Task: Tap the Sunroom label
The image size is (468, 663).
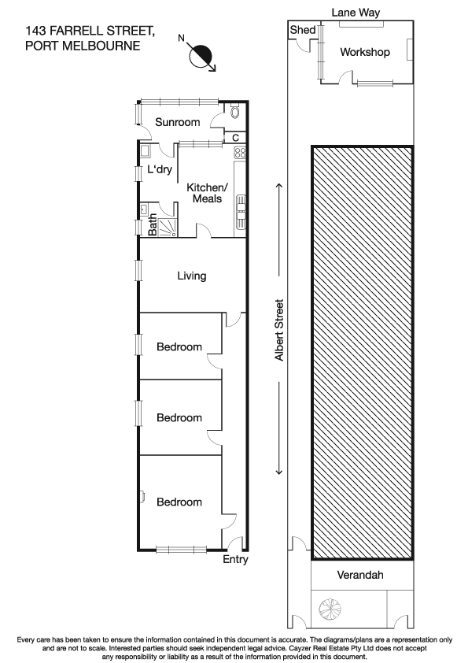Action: tap(177, 122)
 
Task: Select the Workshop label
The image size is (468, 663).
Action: tap(365, 53)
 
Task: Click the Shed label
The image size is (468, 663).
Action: tap(303, 31)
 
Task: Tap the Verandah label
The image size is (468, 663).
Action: tap(362, 576)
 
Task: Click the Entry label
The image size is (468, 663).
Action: tap(235, 560)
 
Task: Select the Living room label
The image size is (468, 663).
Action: tap(191, 276)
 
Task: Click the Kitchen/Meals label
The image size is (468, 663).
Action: tap(207, 193)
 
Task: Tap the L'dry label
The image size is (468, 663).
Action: tap(159, 170)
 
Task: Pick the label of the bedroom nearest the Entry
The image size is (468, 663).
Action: tap(179, 502)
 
